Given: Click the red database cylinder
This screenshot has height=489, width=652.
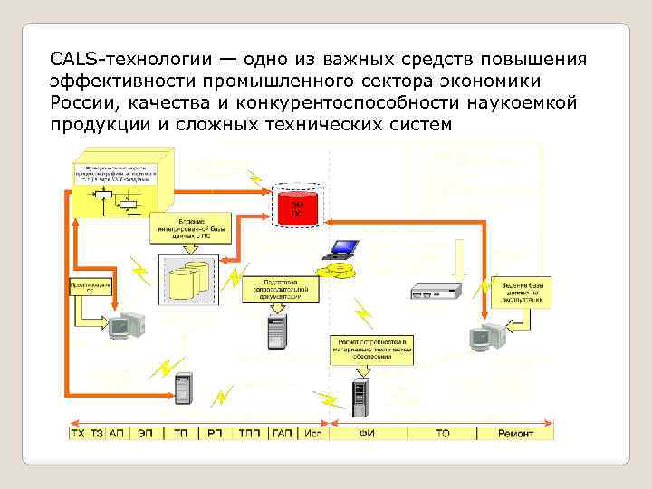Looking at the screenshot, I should (x=298, y=209).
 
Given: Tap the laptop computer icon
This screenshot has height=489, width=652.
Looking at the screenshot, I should (x=343, y=248).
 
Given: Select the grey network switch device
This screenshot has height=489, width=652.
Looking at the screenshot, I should (x=436, y=291).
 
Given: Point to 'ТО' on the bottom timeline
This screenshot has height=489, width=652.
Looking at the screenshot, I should (x=442, y=434).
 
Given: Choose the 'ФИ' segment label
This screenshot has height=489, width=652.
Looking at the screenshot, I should (x=367, y=434).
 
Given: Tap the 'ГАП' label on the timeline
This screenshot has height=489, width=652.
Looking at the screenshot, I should (x=283, y=434).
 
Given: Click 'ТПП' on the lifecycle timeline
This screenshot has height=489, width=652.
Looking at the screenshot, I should (x=248, y=434).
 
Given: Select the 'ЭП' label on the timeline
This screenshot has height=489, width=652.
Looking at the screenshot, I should (x=146, y=434).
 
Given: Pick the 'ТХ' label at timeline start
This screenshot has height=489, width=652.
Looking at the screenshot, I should (x=78, y=434).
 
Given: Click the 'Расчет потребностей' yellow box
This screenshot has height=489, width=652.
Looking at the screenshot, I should (x=361, y=347).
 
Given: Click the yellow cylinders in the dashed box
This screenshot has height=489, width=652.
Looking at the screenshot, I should (x=190, y=278).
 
